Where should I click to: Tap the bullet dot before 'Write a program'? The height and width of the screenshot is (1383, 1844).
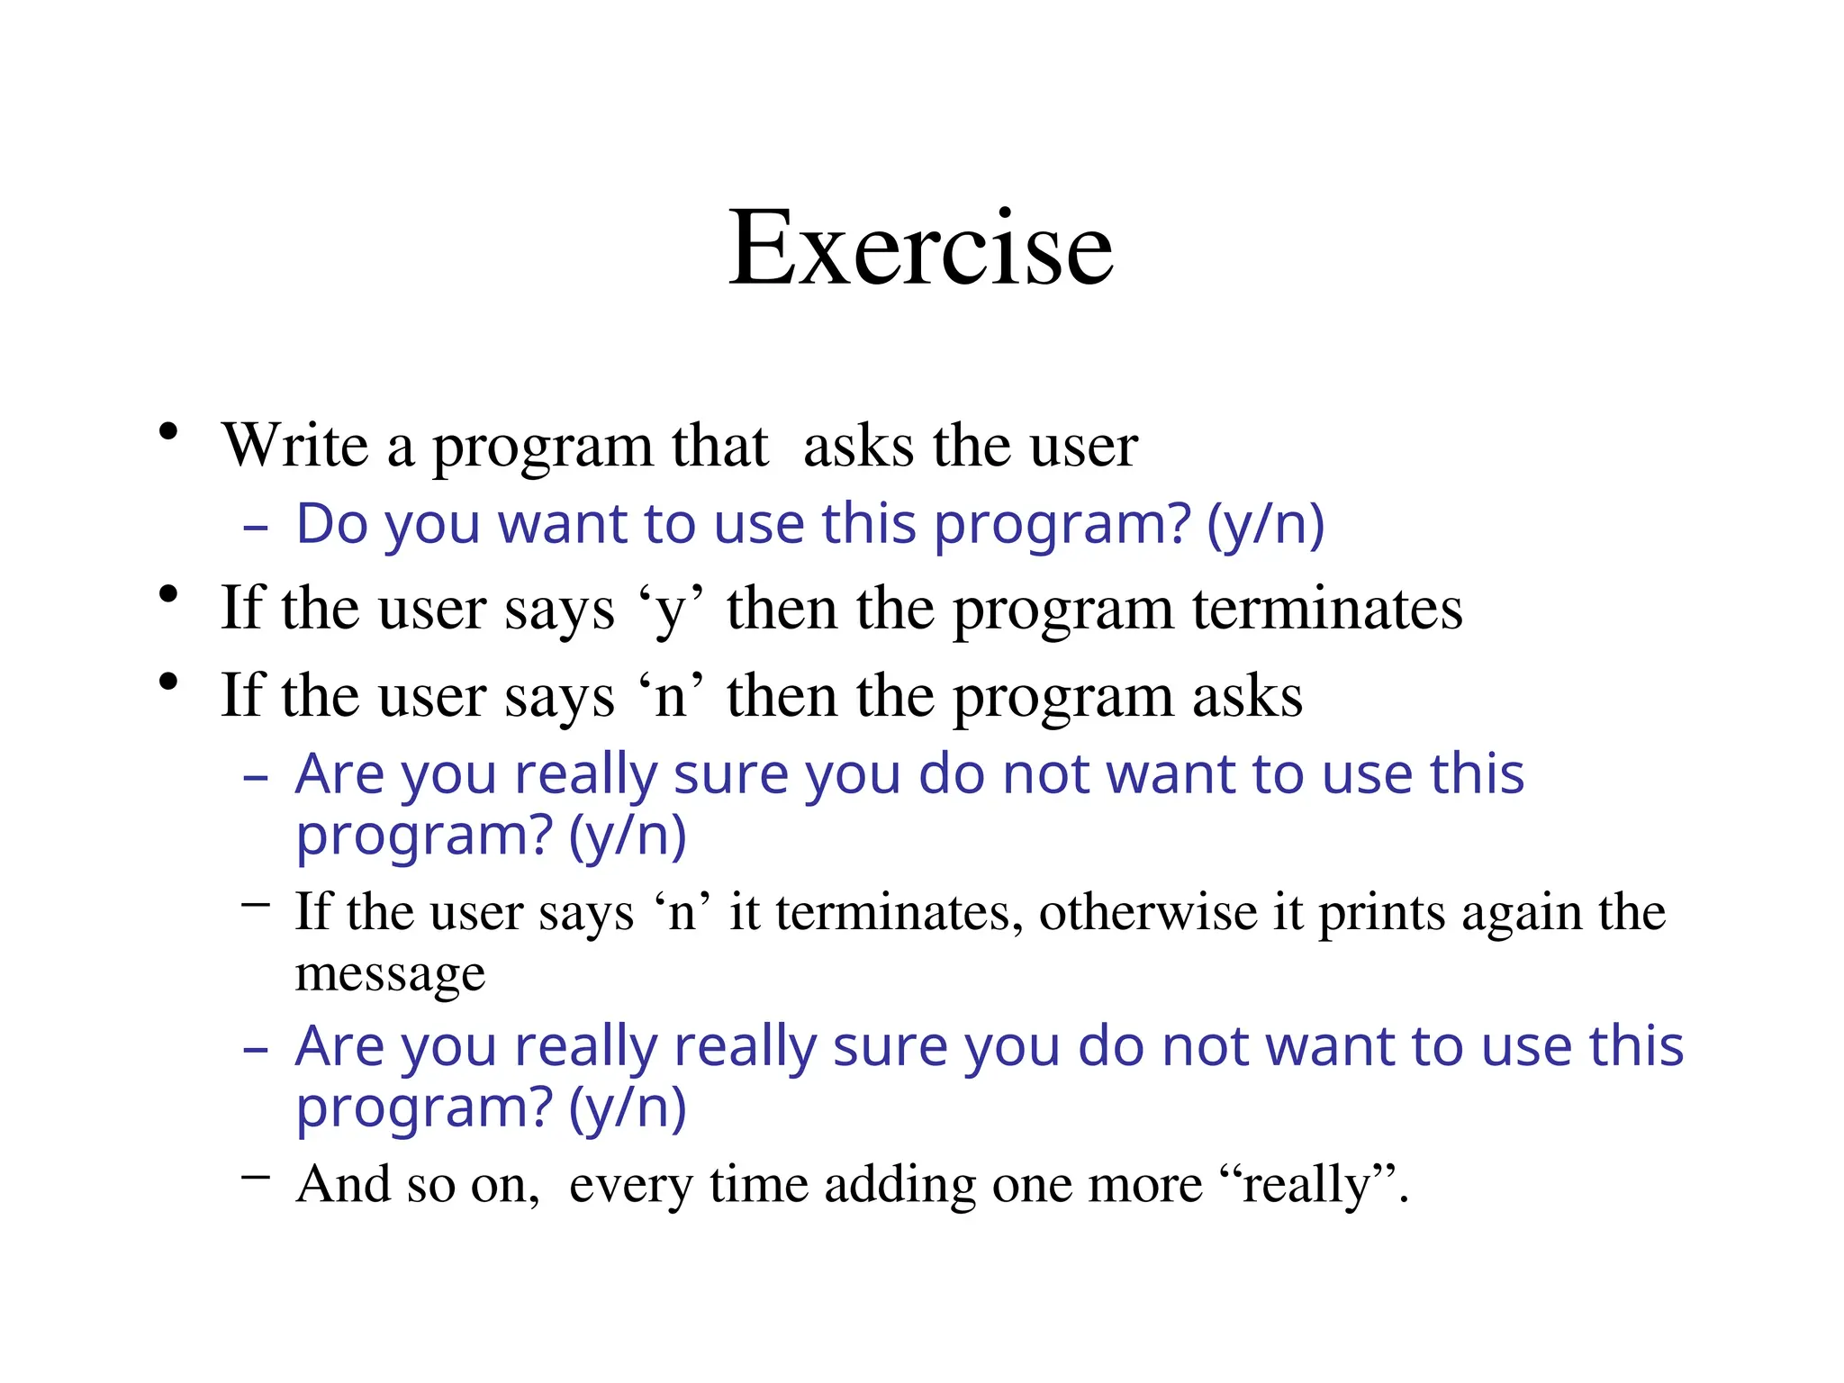(167, 433)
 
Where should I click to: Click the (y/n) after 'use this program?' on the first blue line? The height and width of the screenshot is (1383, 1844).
(1265, 525)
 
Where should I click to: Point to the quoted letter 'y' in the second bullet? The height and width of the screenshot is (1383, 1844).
(670, 610)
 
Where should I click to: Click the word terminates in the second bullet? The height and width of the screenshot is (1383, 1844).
(1327, 610)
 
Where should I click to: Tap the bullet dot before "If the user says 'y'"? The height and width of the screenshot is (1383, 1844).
(167, 595)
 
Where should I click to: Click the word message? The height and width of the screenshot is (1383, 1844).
(390, 974)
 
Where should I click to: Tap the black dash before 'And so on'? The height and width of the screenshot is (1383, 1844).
(256, 1176)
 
